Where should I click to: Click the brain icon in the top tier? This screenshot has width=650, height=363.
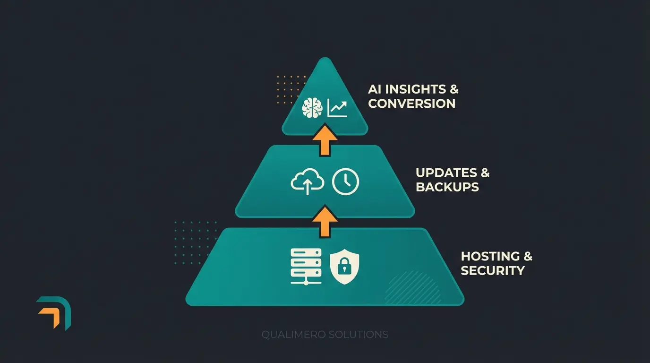(x=312, y=108)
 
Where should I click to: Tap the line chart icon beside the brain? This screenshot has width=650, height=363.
(x=338, y=108)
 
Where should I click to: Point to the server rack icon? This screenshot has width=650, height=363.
(x=306, y=267)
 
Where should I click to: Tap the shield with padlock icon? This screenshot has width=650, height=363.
(x=344, y=267)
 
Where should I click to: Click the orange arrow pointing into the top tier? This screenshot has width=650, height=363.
(x=325, y=140)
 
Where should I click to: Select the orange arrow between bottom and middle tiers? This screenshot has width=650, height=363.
(x=325, y=221)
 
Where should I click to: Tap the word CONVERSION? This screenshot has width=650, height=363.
(x=411, y=104)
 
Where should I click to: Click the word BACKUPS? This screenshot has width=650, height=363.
(x=447, y=187)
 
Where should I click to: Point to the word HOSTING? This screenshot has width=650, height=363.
(x=490, y=256)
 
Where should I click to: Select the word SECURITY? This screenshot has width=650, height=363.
(x=493, y=270)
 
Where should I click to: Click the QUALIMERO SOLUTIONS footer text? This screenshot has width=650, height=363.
(x=325, y=335)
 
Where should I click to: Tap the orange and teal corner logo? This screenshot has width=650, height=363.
(x=54, y=312)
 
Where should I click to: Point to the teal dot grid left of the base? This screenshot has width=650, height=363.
(x=195, y=242)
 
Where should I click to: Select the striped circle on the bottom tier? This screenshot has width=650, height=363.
(x=412, y=287)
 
